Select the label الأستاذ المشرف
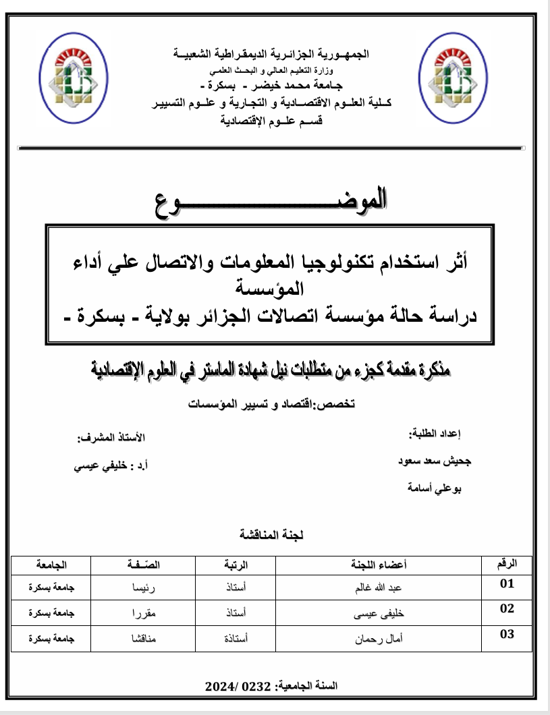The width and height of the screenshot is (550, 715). click(x=110, y=438)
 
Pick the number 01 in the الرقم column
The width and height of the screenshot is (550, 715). click(x=507, y=584)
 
